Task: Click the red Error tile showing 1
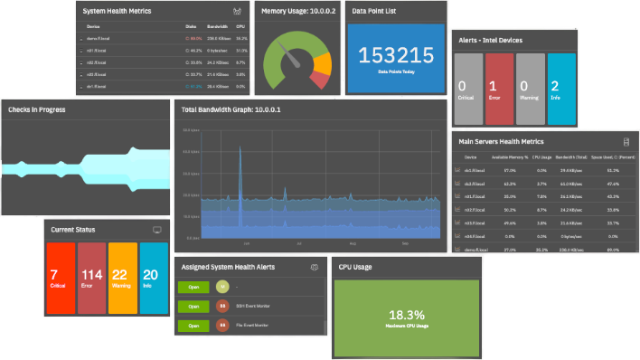click(499, 89)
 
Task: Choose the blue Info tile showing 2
click(560, 89)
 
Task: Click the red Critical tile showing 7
click(60, 279)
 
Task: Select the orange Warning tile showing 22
click(121, 279)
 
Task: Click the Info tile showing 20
click(151, 279)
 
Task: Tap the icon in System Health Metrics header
click(237, 12)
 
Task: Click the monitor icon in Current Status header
click(157, 230)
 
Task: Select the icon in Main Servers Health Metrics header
click(626, 141)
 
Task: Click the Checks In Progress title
click(36, 109)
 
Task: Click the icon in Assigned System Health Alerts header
click(314, 268)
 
